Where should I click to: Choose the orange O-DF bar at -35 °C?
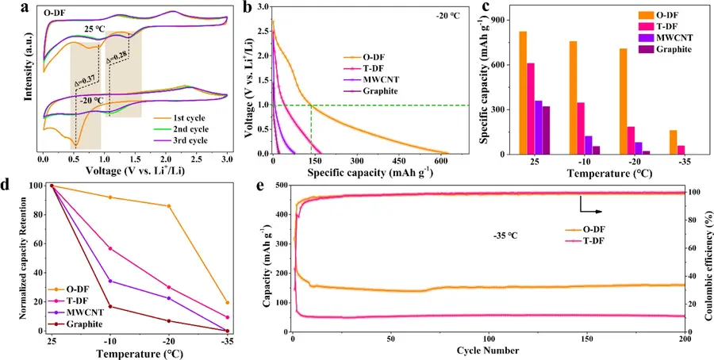click(x=650, y=142)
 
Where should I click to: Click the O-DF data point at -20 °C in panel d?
click(x=169, y=206)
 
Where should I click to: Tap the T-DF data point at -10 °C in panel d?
click(x=110, y=248)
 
